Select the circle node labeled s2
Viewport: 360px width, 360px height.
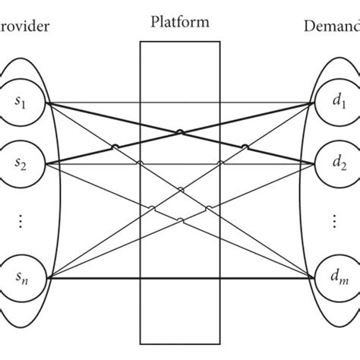point(22,163)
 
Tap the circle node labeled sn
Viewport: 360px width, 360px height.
point(22,279)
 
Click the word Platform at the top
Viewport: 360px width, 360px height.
point(180,21)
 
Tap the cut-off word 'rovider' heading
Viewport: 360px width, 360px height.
point(23,28)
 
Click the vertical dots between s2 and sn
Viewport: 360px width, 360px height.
point(22,221)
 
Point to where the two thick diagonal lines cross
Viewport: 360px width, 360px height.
point(180,133)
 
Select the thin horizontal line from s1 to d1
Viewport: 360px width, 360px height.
point(180,103)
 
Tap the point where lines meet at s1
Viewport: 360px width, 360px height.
point(47,103)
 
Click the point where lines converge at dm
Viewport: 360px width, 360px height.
point(312,279)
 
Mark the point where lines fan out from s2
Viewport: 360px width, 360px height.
point(47,163)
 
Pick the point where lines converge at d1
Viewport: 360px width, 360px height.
point(312,103)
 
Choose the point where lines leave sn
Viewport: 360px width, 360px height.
point(47,279)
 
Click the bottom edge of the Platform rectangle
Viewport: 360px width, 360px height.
point(180,342)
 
